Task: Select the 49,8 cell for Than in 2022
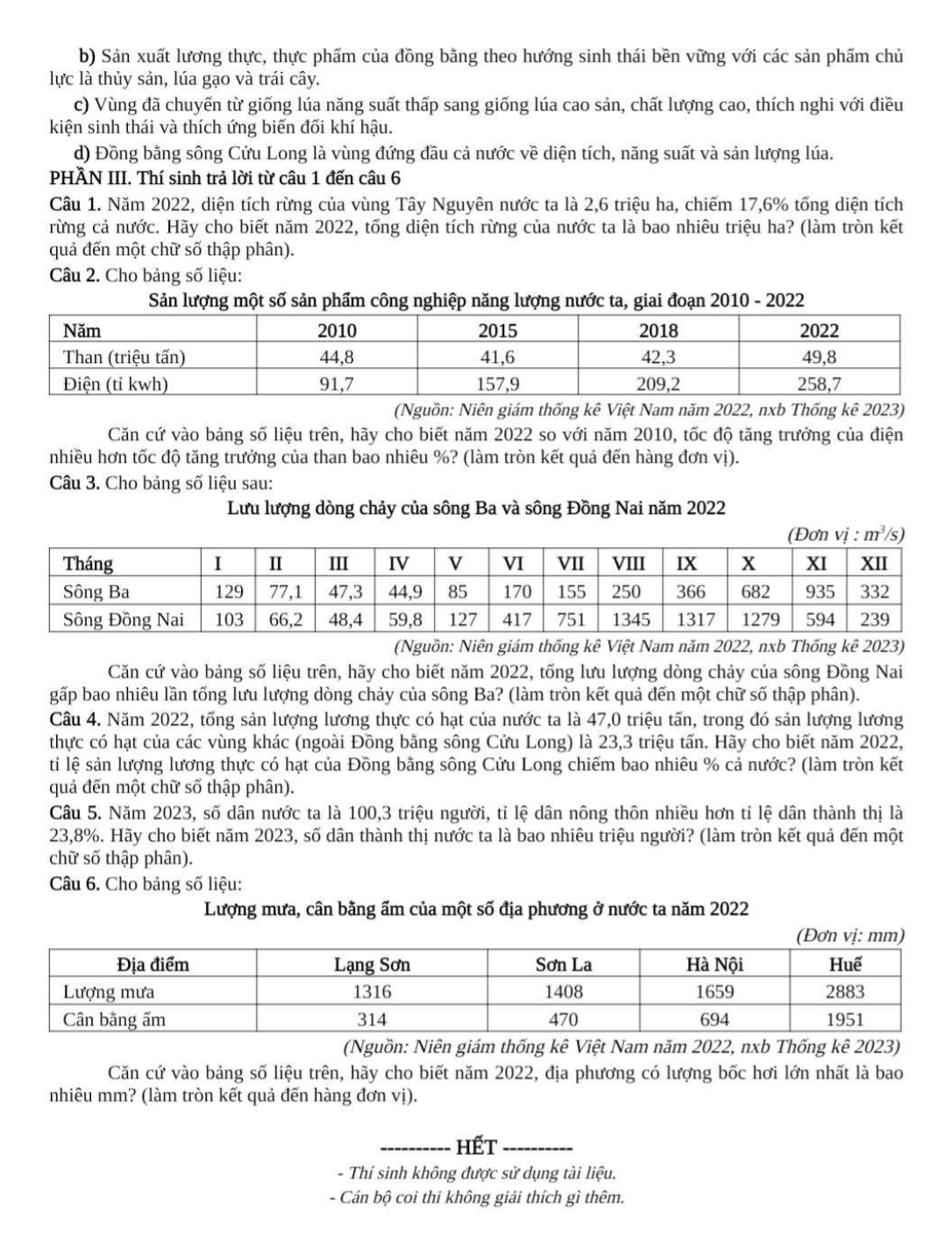point(820,357)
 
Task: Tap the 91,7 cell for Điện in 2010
point(336,384)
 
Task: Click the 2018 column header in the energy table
point(658,331)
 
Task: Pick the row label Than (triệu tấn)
point(124,357)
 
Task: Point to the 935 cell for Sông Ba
point(820,591)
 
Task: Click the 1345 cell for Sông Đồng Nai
point(630,619)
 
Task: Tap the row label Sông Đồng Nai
point(124,619)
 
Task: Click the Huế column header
point(845,965)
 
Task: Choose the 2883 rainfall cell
point(845,992)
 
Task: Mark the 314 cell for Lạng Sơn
point(372,1020)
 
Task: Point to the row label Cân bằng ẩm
point(114,1020)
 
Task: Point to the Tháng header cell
point(89,563)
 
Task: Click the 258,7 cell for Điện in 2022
point(820,384)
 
